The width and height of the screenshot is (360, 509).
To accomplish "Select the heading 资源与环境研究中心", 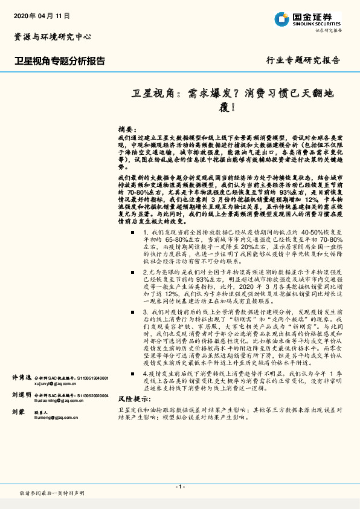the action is [x=53, y=37].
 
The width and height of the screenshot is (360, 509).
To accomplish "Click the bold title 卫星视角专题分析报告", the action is [x=60, y=61].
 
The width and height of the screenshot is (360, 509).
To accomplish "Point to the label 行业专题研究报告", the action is [x=303, y=60].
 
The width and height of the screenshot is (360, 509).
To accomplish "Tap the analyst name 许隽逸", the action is [x=21, y=360].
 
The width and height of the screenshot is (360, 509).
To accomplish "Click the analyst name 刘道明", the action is [x=21, y=377].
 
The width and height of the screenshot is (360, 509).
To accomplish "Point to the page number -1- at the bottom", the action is [x=179, y=487].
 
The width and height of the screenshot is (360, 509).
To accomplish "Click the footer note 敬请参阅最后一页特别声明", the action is [x=51, y=493].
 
